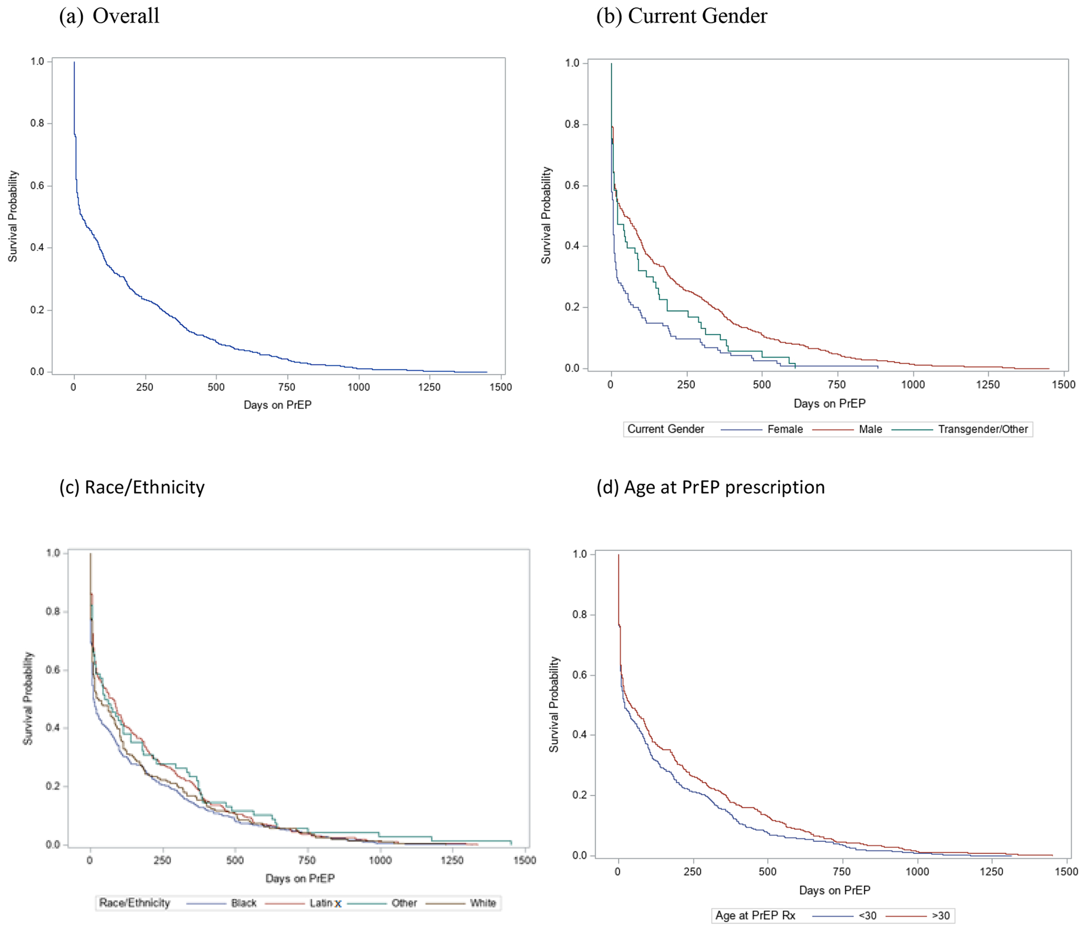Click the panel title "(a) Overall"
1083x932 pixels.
[109, 15]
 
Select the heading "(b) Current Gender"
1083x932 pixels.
[682, 15]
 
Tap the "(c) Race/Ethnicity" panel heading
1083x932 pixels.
[132, 487]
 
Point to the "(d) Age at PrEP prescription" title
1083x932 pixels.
[710, 487]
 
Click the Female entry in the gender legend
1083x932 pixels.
[784, 429]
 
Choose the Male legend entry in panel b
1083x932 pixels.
[871, 429]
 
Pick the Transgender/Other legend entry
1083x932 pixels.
[982, 429]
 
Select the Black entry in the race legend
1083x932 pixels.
[243, 903]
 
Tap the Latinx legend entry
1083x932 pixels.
[325, 903]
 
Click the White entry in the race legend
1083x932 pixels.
[482, 903]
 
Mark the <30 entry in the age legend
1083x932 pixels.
[867, 916]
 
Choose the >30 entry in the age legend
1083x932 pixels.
[941, 916]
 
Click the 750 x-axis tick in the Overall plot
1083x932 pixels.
[287, 388]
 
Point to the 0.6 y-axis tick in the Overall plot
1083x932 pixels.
[37, 186]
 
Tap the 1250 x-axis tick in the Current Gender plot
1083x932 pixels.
[988, 384]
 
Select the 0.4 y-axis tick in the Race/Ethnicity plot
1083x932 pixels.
[53, 728]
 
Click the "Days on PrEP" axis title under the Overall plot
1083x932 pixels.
[277, 405]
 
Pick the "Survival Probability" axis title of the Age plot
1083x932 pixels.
[554, 704]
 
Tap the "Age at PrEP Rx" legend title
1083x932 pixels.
[756, 916]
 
